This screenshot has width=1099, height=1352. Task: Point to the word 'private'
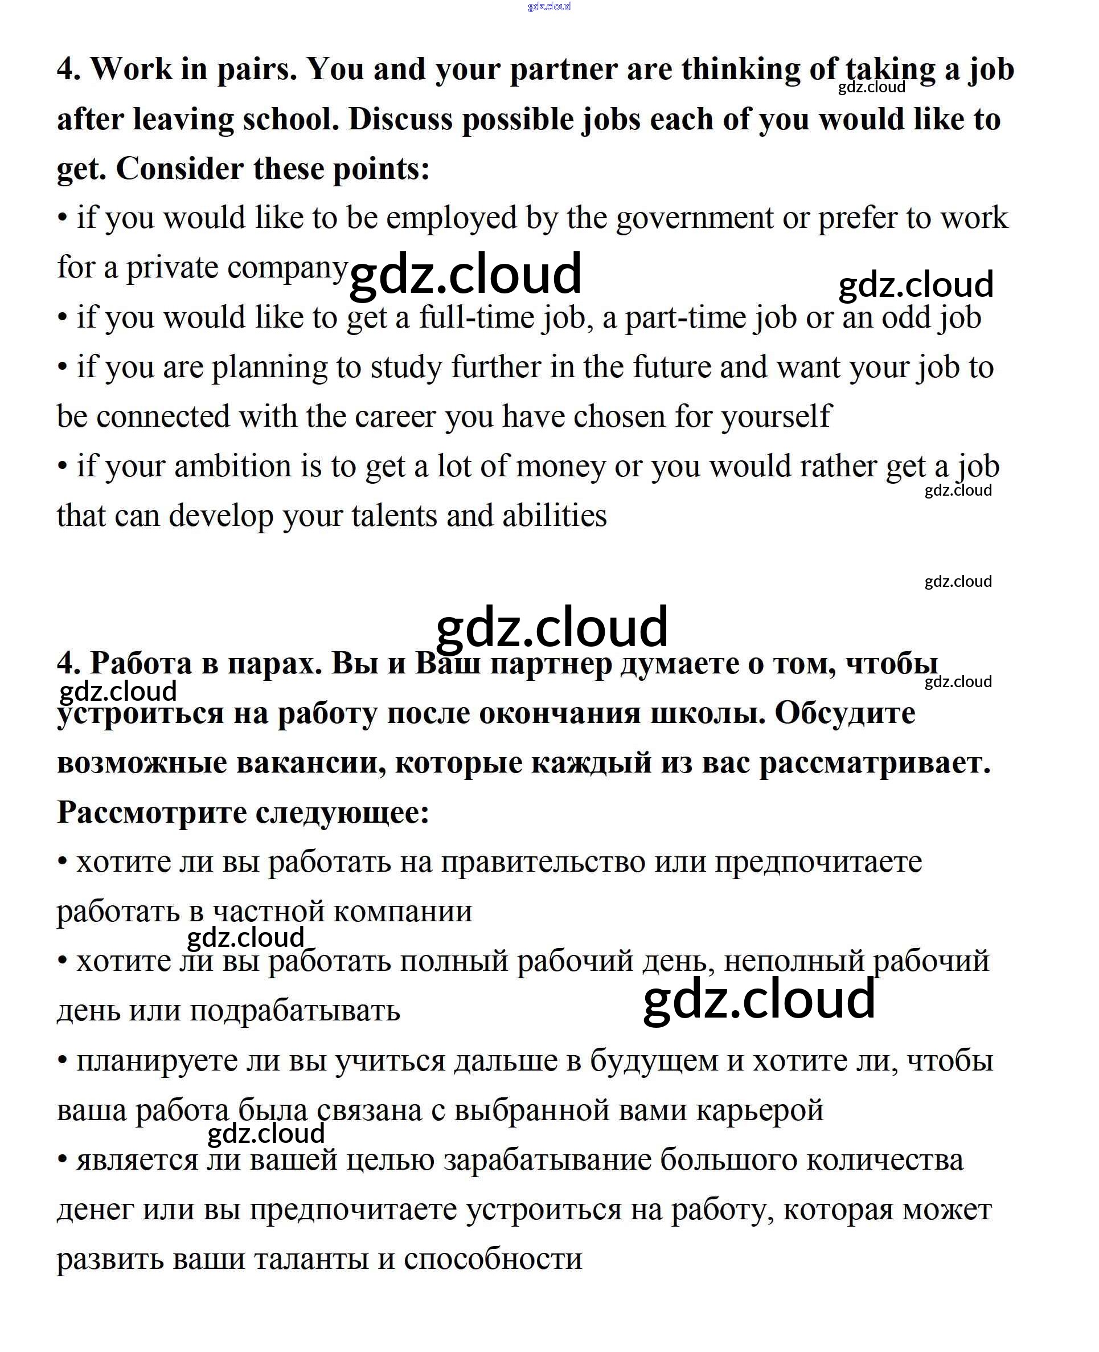(x=171, y=268)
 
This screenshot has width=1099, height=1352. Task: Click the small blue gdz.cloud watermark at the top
(x=549, y=6)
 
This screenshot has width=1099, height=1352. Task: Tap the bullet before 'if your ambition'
(x=62, y=467)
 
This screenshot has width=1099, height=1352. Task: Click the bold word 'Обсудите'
(x=844, y=714)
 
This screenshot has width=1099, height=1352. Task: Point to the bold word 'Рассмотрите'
(x=151, y=812)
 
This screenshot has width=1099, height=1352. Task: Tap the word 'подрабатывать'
(x=295, y=1011)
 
